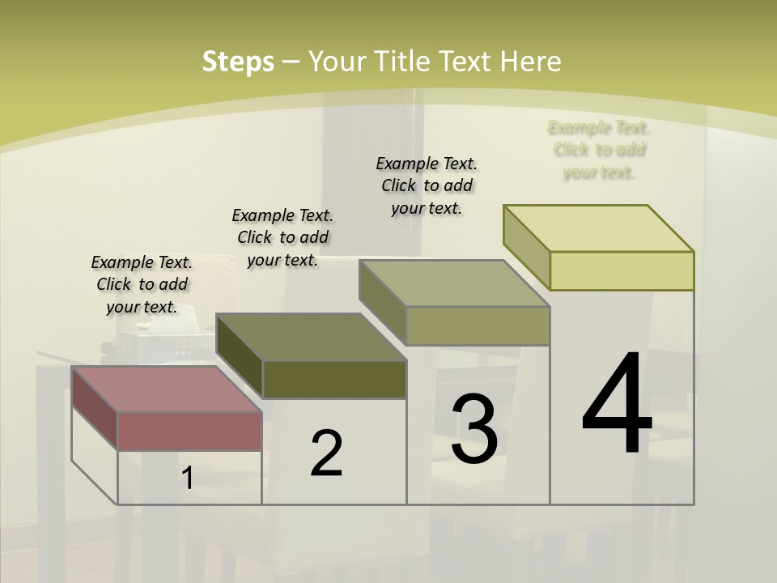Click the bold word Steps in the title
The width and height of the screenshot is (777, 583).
238,62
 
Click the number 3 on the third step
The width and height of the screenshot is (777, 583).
474,429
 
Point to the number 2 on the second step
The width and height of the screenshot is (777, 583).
326,453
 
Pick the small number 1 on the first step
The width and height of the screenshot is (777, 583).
187,478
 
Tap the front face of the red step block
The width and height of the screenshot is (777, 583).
189,430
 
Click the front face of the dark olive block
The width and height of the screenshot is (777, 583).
334,379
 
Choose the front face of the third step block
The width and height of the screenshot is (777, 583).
478,326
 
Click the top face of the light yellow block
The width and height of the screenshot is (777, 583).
598,228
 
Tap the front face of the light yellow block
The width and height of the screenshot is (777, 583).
622,270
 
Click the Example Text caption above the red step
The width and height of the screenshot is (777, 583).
142,284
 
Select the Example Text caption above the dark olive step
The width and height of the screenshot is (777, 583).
282,237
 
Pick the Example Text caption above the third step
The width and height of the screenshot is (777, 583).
427,185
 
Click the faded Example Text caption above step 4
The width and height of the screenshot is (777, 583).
599,150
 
